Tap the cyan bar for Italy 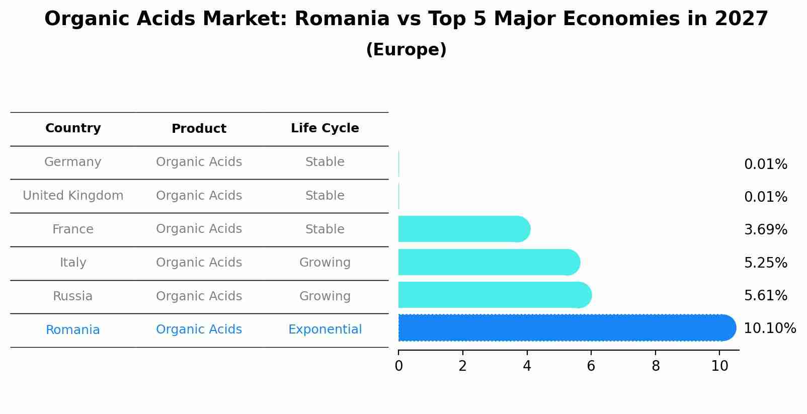tap(489, 263)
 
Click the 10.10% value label tap(769, 328)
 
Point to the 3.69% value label tap(765, 230)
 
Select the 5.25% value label tap(765, 263)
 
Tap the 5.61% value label tap(765, 296)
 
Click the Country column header tap(73, 128)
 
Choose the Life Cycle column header tap(325, 128)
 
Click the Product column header tap(199, 129)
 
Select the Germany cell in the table tap(73, 162)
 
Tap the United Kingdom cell tap(73, 196)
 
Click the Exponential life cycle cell tap(325, 329)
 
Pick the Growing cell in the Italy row tap(325, 263)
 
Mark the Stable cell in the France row tap(325, 229)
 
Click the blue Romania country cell tap(73, 330)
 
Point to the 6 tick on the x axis tap(591, 366)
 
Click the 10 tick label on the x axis tap(719, 366)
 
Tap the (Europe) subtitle tap(406, 50)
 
